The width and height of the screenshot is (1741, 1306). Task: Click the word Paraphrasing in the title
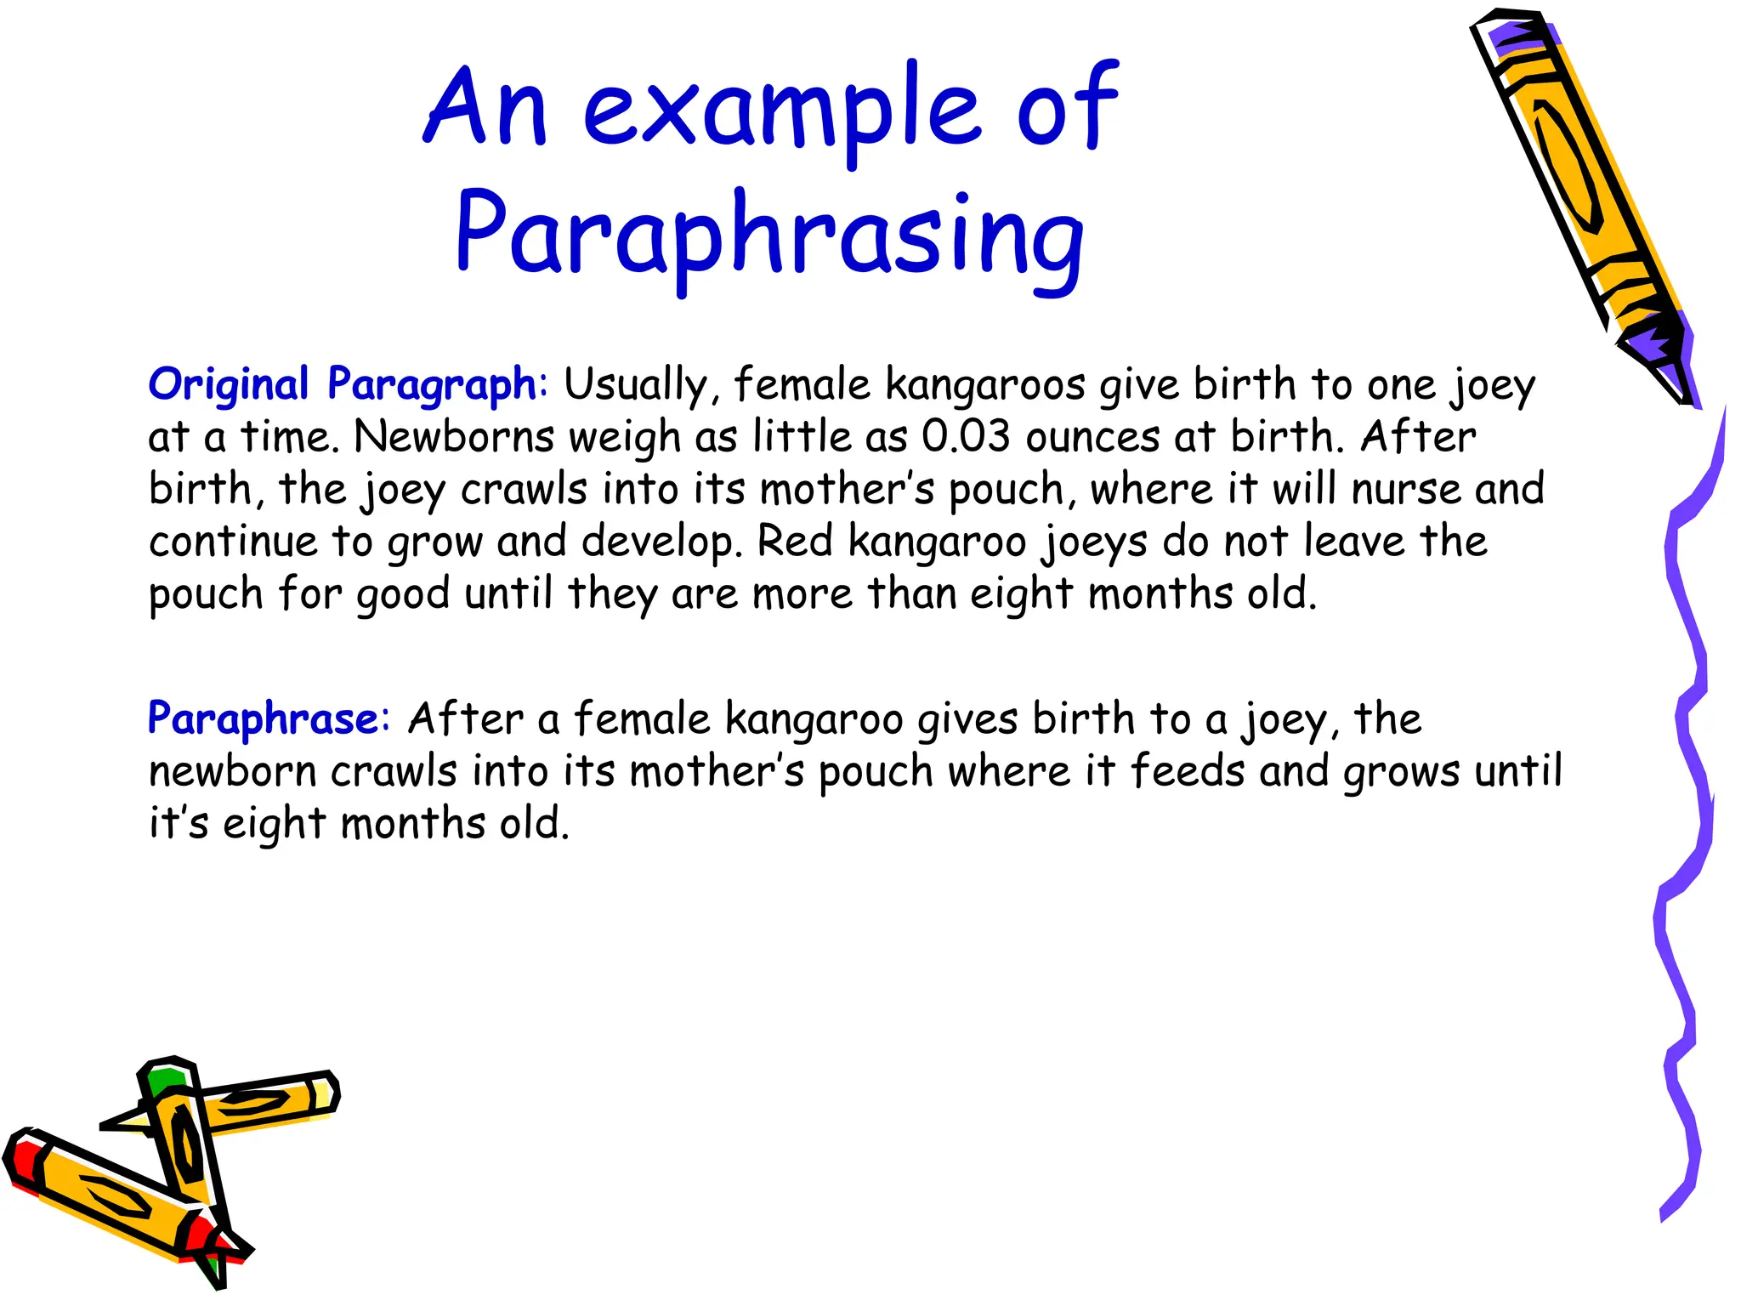(x=769, y=234)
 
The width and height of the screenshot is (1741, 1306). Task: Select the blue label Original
(x=228, y=384)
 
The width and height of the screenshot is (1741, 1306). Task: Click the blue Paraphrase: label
(x=269, y=719)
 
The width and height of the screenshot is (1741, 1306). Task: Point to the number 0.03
(x=966, y=437)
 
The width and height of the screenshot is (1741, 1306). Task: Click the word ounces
(x=1092, y=437)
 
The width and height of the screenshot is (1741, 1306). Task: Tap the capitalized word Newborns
(x=453, y=437)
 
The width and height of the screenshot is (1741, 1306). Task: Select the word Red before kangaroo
(x=794, y=542)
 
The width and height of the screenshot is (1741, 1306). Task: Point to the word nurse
(x=1405, y=490)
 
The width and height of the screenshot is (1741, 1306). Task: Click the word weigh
(x=624, y=439)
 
